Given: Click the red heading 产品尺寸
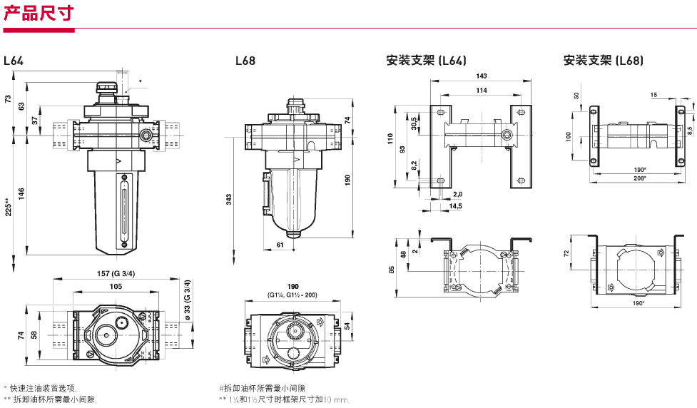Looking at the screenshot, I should [39, 13].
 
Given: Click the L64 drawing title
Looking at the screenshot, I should [14, 61].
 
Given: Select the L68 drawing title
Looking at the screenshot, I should [245, 61].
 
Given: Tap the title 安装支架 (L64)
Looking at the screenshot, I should [427, 61].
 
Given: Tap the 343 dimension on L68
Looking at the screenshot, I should [228, 200].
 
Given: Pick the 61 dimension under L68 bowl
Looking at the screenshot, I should [279, 245].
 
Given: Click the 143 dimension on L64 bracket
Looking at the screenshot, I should [482, 76].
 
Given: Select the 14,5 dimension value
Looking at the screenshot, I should [455, 206].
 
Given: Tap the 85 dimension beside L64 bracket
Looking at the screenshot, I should [391, 270].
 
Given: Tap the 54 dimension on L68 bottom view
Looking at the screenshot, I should [348, 325].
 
